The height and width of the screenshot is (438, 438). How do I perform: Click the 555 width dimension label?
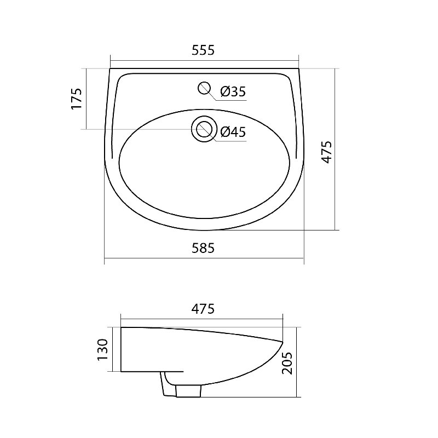point(203,50)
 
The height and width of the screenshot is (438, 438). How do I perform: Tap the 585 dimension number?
point(203,248)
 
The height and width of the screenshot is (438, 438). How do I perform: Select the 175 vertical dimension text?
point(77,99)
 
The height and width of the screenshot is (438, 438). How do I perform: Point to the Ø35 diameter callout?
point(233,91)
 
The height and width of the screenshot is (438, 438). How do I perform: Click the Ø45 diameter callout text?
point(233,132)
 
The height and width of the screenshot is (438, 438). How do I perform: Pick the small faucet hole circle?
point(204,88)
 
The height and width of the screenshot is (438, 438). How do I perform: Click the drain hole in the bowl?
point(204,129)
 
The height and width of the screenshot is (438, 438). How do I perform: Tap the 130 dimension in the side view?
point(102,350)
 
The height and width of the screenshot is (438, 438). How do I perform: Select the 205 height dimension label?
point(287,363)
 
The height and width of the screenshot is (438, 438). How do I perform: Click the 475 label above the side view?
point(203,309)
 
